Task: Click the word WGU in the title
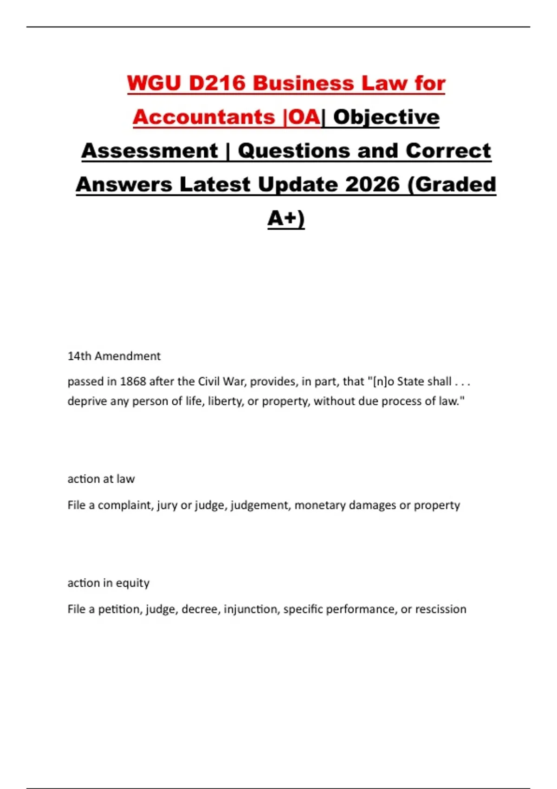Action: coord(154,84)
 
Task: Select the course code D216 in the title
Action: coord(217,84)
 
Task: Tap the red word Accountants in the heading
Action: coord(204,117)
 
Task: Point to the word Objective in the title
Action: coord(386,117)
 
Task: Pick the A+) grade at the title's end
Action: coord(286,218)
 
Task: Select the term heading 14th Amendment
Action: coord(114,356)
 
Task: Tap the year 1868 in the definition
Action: coord(133,382)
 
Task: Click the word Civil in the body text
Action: coord(209,382)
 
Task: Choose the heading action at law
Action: coord(101,479)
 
